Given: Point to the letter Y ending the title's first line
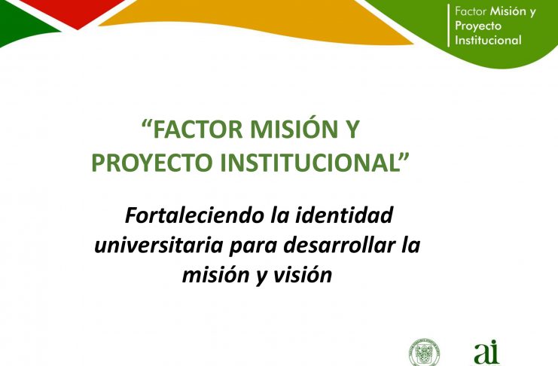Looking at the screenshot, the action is click(x=353, y=129).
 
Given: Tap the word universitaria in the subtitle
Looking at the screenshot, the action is click(x=159, y=246).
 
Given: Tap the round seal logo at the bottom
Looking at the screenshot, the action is click(x=423, y=352).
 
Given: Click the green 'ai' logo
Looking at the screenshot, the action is click(x=486, y=352).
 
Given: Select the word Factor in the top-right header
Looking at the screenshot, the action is click(x=471, y=12).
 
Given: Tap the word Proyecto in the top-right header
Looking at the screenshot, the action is click(x=478, y=26).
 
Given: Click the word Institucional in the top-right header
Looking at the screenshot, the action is click(x=488, y=40).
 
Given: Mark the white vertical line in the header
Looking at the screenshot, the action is click(x=448, y=26).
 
